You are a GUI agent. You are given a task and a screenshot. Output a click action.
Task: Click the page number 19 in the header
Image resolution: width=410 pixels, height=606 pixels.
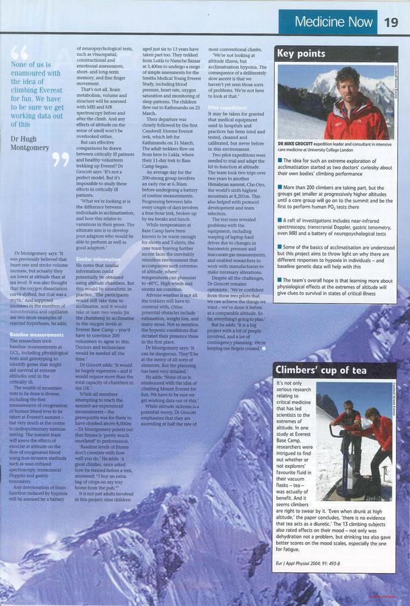point(391,22)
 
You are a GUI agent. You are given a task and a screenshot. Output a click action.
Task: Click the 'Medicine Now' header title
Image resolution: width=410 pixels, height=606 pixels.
point(333,22)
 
